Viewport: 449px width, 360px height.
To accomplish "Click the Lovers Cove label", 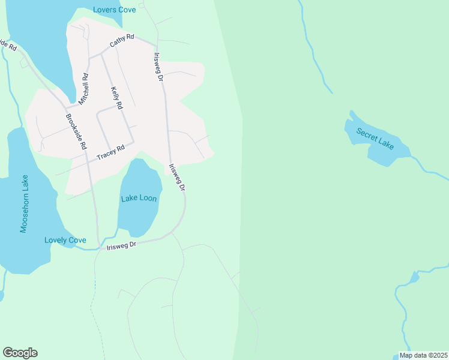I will [114, 10].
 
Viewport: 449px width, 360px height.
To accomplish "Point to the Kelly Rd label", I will [116, 98].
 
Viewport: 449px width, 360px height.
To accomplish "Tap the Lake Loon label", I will [139, 199].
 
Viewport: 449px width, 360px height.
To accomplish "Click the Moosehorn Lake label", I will [25, 204].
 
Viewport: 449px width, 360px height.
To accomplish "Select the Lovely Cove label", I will [65, 240].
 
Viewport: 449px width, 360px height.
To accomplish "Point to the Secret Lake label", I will [375, 138].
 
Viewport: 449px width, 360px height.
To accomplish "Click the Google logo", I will [20, 353].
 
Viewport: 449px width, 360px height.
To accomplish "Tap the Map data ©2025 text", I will [423, 355].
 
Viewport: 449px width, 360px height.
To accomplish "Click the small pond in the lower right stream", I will [414, 277].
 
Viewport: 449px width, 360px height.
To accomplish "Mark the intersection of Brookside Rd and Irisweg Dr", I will [99, 246].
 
